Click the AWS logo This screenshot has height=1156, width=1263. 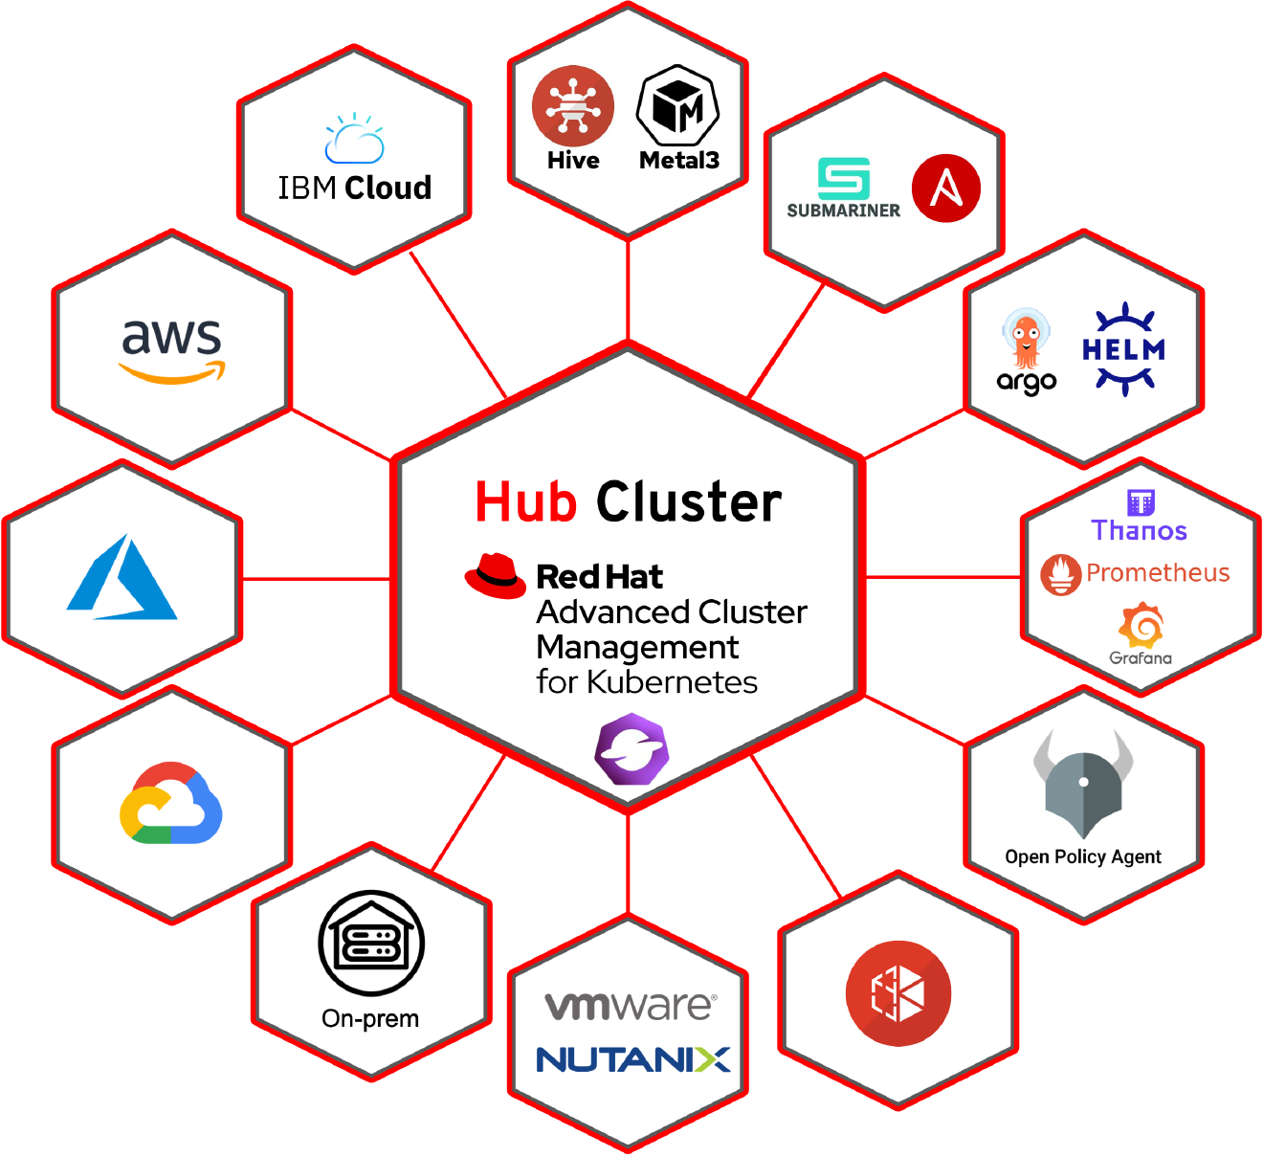coord(172,350)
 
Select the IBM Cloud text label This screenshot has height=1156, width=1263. coord(354,188)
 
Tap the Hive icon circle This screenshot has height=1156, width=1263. coord(573,105)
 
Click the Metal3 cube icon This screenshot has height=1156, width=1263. coord(677,105)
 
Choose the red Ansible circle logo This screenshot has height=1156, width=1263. coord(946,189)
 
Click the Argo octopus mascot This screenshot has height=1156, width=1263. coord(1026,341)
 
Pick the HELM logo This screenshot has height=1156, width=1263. coord(1124,349)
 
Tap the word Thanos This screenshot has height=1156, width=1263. coord(1139,530)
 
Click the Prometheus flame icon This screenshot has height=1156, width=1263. coord(1060,574)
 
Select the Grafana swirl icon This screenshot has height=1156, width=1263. coord(1141,626)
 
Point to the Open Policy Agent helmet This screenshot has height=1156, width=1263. coord(1083,785)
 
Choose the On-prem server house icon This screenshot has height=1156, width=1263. coord(371,944)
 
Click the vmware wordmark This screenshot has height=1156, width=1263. coord(630,1006)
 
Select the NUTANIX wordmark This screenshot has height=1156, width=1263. coord(632,1059)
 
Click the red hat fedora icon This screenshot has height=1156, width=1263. coord(495,576)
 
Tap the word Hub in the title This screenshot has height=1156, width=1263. coord(525,502)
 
